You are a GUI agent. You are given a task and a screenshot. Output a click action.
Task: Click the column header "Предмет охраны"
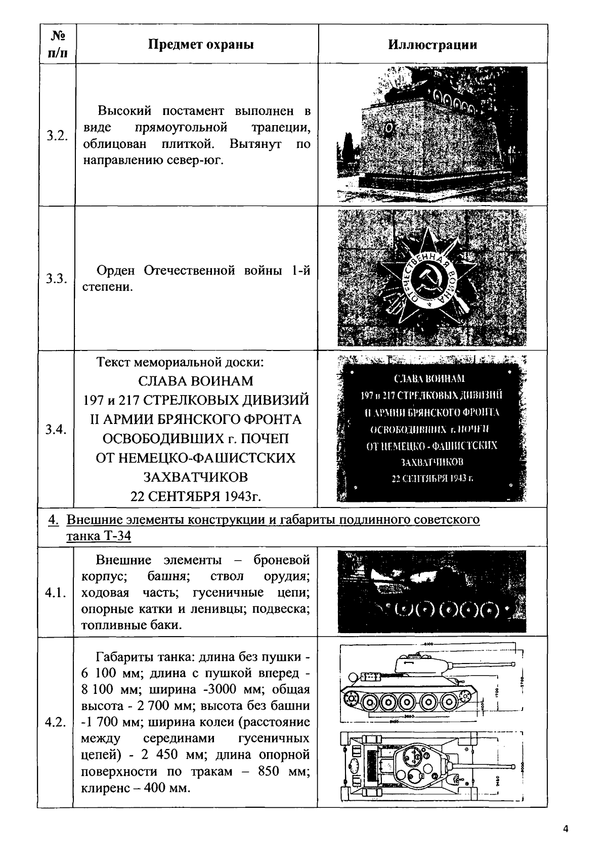(x=200, y=45)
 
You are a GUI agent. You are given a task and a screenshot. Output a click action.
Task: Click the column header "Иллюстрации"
(x=432, y=45)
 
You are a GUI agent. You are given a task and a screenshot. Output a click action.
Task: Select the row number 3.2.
(x=57, y=136)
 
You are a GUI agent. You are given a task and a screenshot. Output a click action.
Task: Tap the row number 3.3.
(x=57, y=279)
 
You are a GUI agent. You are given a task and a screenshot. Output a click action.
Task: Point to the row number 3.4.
(x=56, y=430)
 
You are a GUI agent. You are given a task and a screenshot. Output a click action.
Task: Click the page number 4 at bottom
(x=566, y=829)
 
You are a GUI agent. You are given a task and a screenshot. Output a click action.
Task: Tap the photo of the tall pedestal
(x=432, y=135)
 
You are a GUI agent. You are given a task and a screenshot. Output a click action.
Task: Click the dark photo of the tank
(x=432, y=592)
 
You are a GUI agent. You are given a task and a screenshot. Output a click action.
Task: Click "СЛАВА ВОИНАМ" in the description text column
(x=196, y=380)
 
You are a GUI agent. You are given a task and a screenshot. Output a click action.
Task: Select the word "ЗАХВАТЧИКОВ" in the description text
(x=196, y=477)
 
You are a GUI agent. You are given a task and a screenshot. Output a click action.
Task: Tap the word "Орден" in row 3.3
(x=116, y=270)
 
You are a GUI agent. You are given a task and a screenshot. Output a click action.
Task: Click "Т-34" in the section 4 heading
(x=117, y=536)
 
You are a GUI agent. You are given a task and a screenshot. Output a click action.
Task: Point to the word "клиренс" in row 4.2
(x=103, y=788)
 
